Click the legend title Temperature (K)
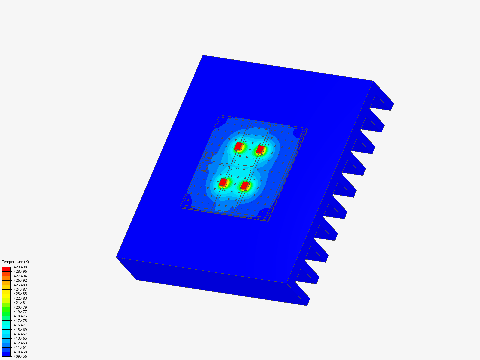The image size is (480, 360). tap(15, 262)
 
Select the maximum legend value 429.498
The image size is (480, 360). tap(20, 267)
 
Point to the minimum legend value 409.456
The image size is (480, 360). tap(20, 356)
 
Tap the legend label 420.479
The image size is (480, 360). tap(20, 307)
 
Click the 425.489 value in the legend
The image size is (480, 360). tap(20, 285)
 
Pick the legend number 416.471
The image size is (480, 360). tap(20, 325)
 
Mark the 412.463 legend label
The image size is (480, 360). tap(20, 343)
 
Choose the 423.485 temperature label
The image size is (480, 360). tap(20, 294)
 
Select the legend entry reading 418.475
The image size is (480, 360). tap(20, 316)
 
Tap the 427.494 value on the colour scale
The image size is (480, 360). tap(20, 276)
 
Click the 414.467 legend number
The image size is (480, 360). tap(20, 334)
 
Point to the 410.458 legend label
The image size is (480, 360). tap(20, 352)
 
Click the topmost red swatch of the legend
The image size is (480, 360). tap(6, 269)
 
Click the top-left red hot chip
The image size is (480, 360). tap(238, 146)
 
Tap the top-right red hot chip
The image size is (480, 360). tap(260, 150)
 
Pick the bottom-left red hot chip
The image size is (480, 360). tap(223, 182)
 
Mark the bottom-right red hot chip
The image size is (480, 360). tap(245, 186)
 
